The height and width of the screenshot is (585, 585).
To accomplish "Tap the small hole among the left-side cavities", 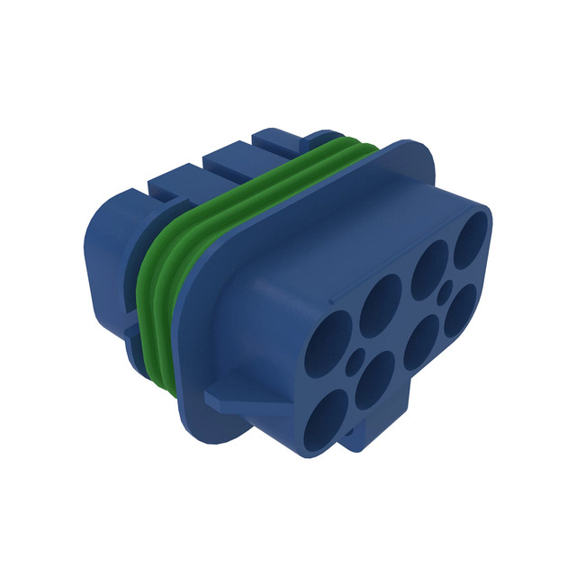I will pos(354,364).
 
